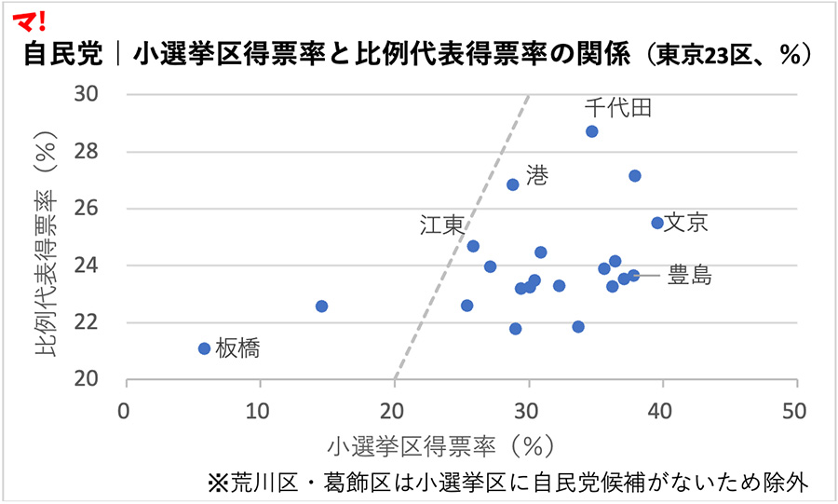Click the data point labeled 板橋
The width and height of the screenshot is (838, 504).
click(205, 348)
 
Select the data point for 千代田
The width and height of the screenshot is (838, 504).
click(592, 131)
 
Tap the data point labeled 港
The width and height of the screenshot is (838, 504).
click(512, 184)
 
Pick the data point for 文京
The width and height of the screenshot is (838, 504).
click(657, 223)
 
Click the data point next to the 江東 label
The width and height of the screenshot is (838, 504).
click(473, 246)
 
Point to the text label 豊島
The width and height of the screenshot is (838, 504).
click(690, 276)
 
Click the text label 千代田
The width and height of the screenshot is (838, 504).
click(618, 108)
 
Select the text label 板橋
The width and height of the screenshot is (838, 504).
click(237, 349)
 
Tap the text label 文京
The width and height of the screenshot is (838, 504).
click(686, 223)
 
